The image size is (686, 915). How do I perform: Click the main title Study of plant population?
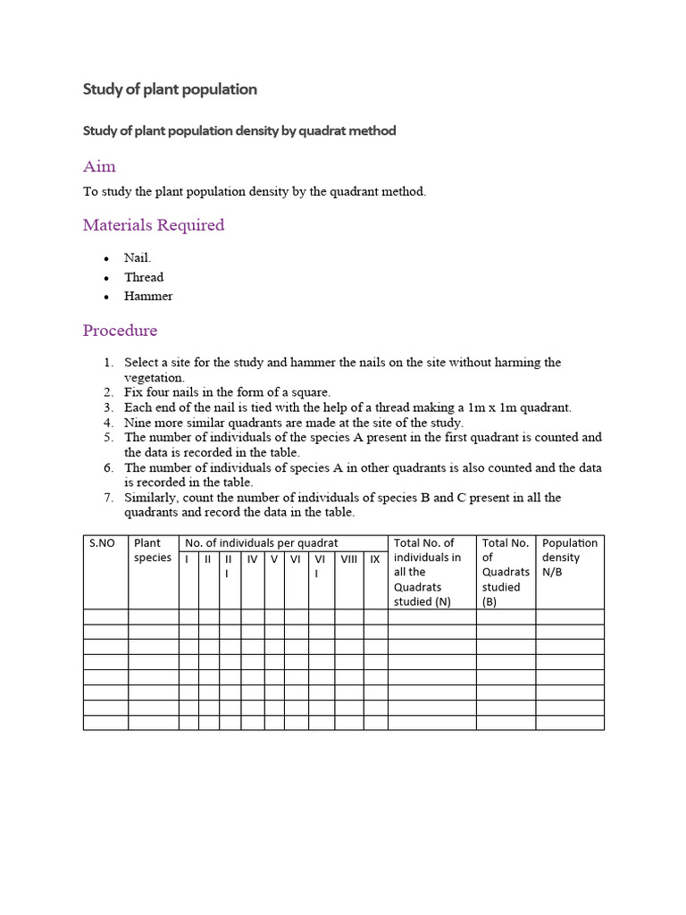click(170, 89)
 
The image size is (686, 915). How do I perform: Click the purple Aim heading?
click(99, 166)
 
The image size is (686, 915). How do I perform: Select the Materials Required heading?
click(154, 225)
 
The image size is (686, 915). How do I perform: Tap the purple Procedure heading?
click(120, 331)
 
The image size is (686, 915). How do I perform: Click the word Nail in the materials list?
click(137, 258)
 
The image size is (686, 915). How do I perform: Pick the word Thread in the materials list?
click(144, 277)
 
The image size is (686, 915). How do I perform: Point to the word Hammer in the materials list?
click(148, 296)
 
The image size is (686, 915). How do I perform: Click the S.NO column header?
click(102, 543)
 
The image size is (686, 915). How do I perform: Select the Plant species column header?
click(147, 550)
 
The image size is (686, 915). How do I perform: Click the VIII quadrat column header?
click(348, 558)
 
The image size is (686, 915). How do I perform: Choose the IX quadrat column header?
click(375, 558)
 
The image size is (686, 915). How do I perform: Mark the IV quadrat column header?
click(252, 558)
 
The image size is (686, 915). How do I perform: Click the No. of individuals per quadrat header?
click(261, 543)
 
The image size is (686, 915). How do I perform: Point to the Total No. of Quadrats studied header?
click(506, 572)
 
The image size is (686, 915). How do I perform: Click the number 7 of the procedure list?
click(107, 498)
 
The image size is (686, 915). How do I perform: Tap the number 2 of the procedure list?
click(107, 392)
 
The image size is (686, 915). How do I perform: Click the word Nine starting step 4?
click(137, 423)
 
